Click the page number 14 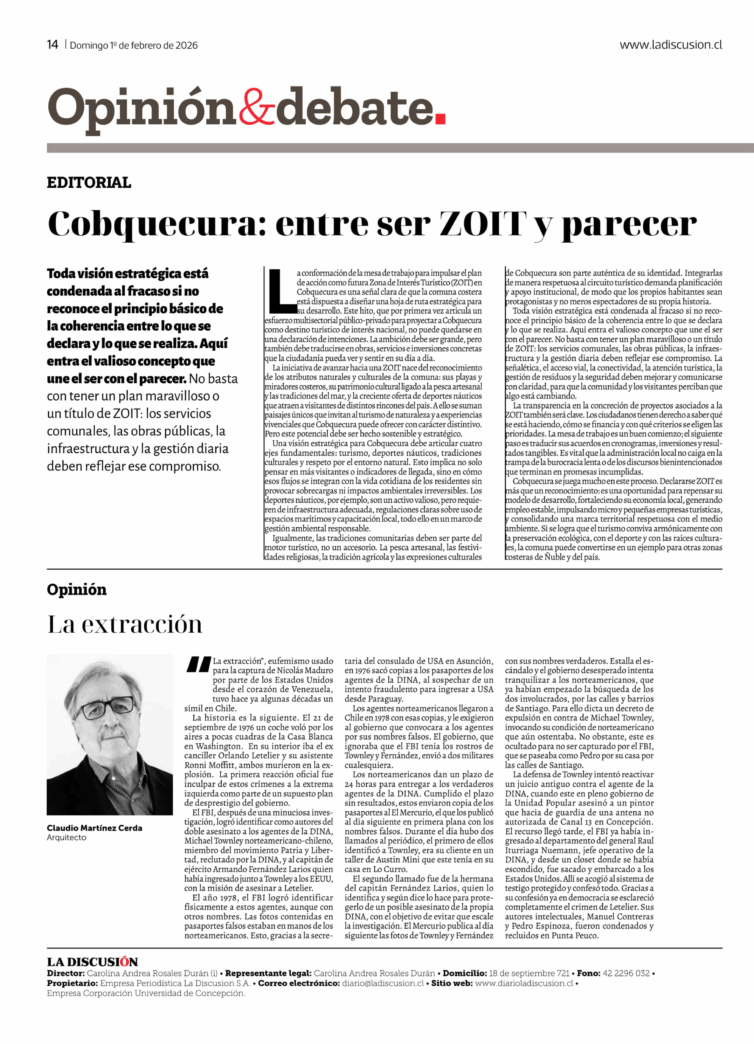point(52,45)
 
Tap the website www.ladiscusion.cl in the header point(670,45)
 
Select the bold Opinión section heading point(76,590)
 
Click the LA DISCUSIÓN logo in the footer point(92,962)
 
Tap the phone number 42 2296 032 point(626,973)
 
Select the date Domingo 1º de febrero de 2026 point(133,45)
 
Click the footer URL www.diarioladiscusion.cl point(524,983)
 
